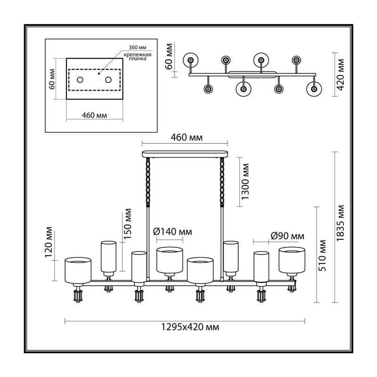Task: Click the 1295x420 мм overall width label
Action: coord(190,327)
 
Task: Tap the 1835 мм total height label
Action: coord(340,223)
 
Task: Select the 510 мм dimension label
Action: coord(322,255)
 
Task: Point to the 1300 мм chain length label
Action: coord(245,181)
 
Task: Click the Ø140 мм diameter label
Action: coord(172,232)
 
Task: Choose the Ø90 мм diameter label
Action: coord(287,236)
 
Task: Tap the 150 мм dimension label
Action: coord(127,223)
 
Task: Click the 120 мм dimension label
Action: coord(49,242)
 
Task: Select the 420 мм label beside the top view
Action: coord(340,75)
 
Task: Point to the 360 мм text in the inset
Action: coord(138,48)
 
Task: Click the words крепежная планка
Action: coord(138,57)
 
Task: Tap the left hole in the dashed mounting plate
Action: coord(80,80)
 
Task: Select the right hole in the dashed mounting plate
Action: coord(108,80)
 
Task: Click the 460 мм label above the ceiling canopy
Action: coord(187,138)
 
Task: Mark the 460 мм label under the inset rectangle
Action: coord(94,115)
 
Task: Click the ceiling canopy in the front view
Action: coord(185,154)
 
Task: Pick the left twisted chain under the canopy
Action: coord(148,182)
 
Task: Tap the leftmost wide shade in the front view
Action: coord(78,270)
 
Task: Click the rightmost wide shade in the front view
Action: coord(292,260)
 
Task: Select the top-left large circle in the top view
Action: coord(191,60)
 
